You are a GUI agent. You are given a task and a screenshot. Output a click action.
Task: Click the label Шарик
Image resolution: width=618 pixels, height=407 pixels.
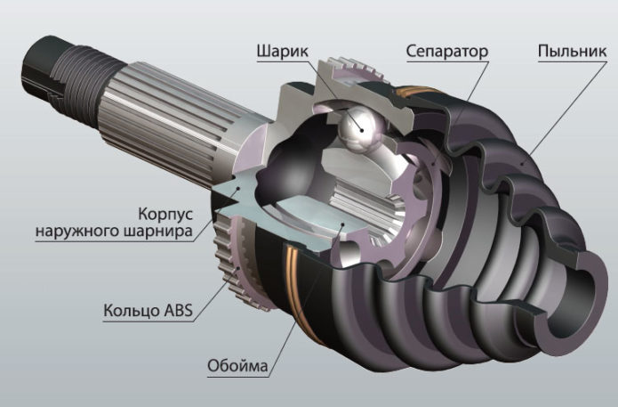click(x=283, y=53)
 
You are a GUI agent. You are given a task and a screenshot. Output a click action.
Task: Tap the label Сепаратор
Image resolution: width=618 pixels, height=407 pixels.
click(x=447, y=52)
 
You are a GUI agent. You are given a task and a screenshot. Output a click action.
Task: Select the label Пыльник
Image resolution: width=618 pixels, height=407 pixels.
click(x=573, y=52)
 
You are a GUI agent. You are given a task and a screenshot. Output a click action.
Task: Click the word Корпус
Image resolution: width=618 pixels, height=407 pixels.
click(x=165, y=215)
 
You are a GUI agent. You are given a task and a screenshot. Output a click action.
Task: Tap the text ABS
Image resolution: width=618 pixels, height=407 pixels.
click(x=177, y=310)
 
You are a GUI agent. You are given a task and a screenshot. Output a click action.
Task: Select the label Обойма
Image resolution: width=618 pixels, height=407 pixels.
click(x=237, y=366)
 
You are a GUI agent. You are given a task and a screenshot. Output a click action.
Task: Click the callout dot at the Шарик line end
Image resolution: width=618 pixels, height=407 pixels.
click(x=361, y=130)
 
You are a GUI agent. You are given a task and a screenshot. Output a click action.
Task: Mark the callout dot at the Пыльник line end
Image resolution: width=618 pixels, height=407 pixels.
click(x=523, y=162)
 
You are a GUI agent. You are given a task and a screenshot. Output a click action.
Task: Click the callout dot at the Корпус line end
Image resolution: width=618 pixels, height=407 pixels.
click(x=238, y=189)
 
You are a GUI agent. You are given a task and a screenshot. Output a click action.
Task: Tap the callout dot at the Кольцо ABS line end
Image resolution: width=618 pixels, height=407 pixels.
click(x=237, y=269)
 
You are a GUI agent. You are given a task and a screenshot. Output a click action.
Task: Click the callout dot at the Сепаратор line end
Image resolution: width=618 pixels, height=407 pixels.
click(x=433, y=163)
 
